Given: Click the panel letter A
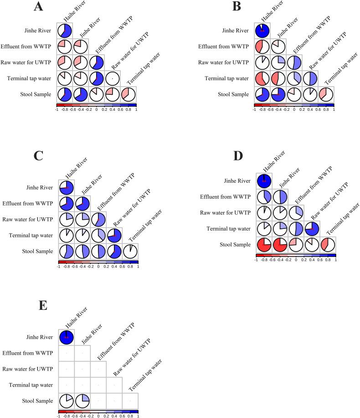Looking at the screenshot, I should point(39,7).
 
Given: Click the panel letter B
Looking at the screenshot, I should point(237,6).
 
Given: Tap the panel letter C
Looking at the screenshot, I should point(39,156).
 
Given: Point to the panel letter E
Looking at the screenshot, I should point(43,305).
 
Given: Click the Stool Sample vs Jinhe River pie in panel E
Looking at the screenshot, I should point(82,401).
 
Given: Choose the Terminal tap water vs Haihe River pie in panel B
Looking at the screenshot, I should point(262,78).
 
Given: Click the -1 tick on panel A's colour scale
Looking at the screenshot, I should point(57,110).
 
